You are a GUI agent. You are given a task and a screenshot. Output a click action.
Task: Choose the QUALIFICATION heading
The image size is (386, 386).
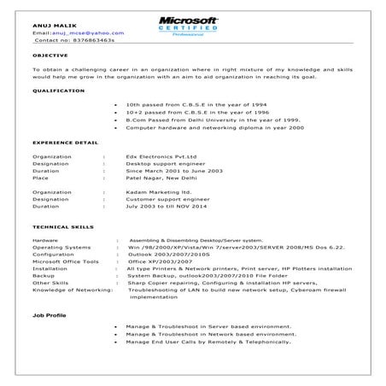point(58,90)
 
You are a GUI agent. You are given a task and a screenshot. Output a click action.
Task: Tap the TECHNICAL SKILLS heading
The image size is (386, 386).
point(64,226)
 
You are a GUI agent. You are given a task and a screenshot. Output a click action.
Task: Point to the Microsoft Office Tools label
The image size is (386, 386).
point(66,262)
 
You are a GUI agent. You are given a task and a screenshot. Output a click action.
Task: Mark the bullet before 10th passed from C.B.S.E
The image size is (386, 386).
point(115,103)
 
